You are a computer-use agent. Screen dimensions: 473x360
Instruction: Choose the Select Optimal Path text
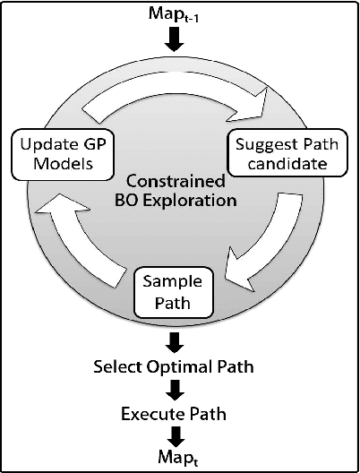[x=180, y=366]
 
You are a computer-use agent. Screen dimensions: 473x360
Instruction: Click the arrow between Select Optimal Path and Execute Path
[x=180, y=391]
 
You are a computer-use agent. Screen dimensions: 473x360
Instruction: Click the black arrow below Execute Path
[x=180, y=436]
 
